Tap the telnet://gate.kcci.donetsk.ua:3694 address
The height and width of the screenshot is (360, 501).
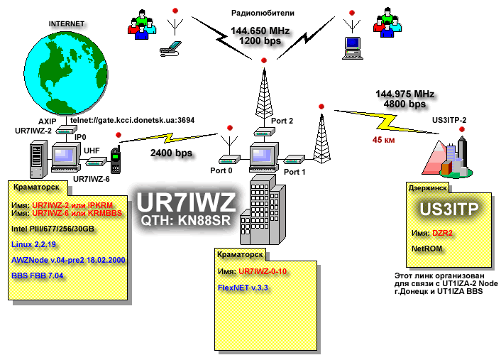click(x=132, y=120)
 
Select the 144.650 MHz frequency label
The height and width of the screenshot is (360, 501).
click(x=260, y=31)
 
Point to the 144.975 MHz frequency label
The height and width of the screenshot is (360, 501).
click(x=404, y=94)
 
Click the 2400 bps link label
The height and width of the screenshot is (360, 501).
click(x=171, y=153)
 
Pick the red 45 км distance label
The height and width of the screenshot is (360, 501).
click(x=383, y=140)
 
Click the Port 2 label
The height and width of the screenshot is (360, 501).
click(x=282, y=121)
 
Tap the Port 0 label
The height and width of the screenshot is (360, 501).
click(x=221, y=170)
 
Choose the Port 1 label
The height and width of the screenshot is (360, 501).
click(x=294, y=172)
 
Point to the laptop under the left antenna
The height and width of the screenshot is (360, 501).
click(x=170, y=49)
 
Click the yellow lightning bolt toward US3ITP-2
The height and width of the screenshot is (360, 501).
click(x=387, y=122)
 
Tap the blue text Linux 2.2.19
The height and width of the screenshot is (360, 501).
click(x=33, y=244)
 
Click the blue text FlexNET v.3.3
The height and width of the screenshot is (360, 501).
click(x=243, y=288)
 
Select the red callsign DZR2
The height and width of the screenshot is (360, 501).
click(x=442, y=233)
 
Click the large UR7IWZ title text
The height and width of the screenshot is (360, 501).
click(x=186, y=202)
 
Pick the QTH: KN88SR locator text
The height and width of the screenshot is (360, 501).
click(x=186, y=220)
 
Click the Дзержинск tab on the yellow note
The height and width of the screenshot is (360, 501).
click(x=427, y=188)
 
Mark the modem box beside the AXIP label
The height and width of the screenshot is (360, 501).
click(x=67, y=130)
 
